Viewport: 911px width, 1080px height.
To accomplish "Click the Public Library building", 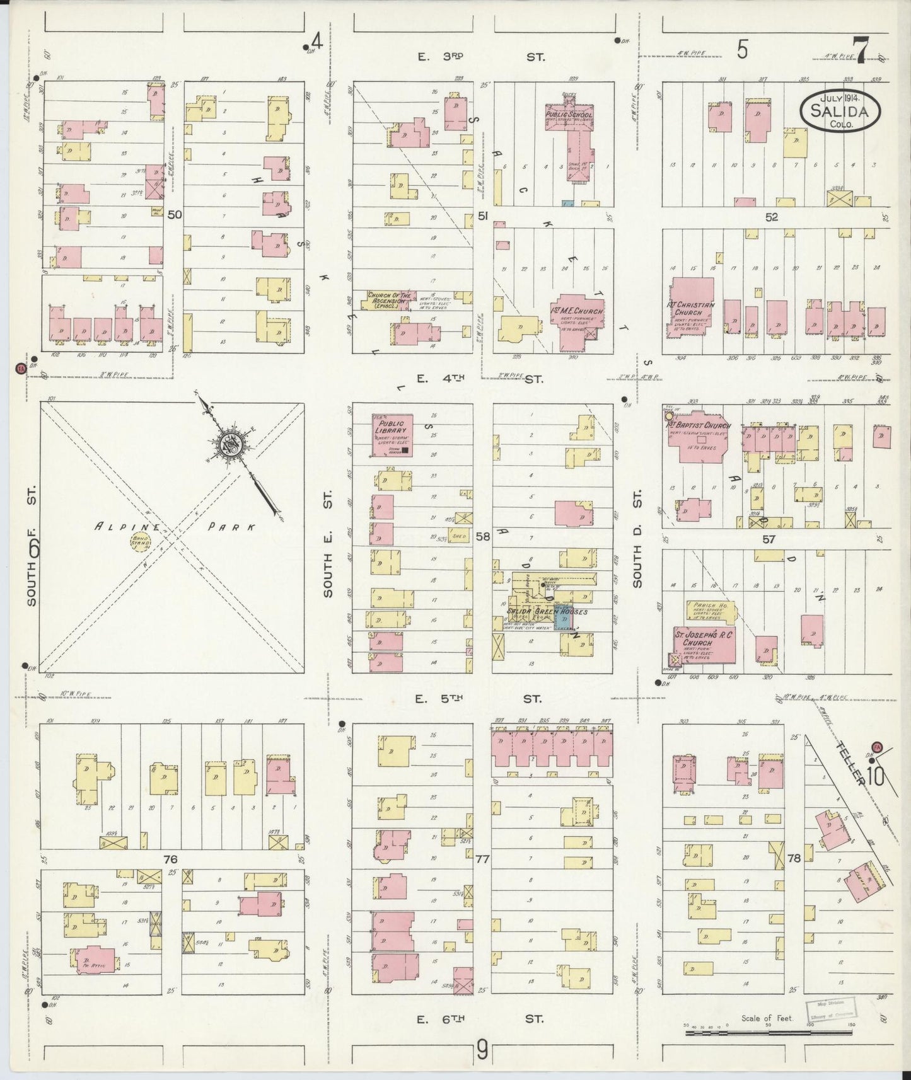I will [392, 435].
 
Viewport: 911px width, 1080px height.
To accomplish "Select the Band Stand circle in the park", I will [138, 541].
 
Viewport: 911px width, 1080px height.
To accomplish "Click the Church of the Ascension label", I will [390, 299].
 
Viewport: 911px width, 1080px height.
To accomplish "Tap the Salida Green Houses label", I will [547, 611].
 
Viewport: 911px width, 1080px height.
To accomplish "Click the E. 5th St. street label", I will [480, 698].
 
